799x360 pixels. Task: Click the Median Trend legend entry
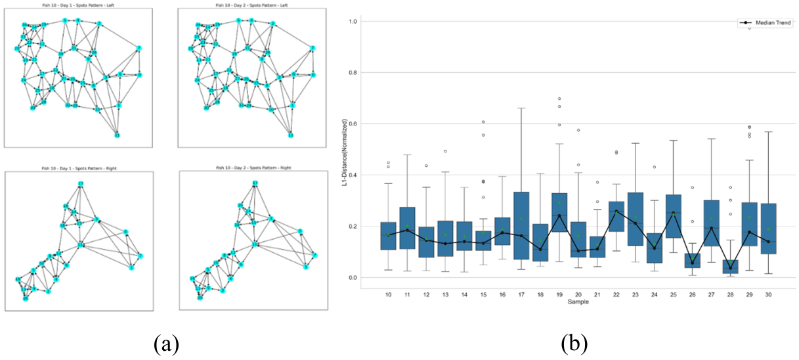(x=766, y=23)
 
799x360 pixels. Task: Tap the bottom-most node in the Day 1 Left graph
(x=117, y=135)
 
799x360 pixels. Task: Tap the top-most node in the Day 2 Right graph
(x=255, y=183)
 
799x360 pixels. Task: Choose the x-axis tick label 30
(x=767, y=295)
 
